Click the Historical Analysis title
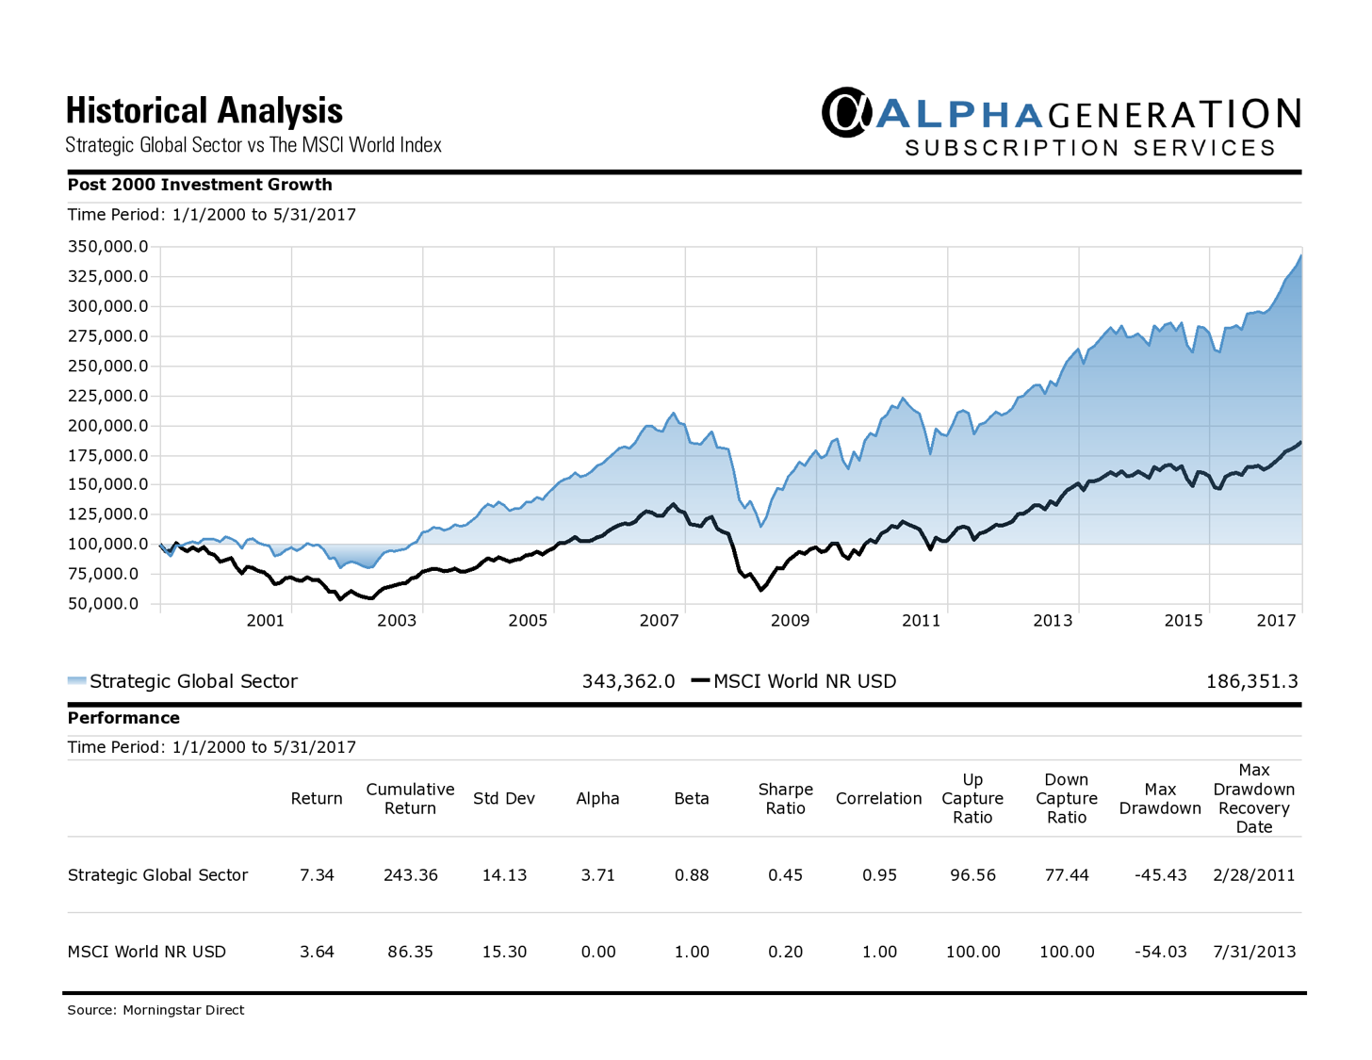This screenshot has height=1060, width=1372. coord(204,111)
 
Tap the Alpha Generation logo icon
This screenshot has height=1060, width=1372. coord(845,112)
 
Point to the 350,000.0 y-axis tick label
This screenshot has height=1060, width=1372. coord(107,247)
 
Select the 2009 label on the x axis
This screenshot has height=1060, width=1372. coord(790,620)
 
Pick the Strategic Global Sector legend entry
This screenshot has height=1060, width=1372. coord(183,681)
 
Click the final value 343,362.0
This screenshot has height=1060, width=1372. coord(628,681)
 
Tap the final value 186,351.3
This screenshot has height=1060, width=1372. coord(1251,681)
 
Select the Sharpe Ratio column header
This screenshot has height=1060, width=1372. coord(785,799)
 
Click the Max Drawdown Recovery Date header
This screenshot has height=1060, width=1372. coord(1253,799)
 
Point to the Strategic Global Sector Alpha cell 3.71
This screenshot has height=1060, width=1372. coord(597,875)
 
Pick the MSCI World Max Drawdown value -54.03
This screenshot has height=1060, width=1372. coord(1160,952)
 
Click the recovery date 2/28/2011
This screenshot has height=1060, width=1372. coord(1253,875)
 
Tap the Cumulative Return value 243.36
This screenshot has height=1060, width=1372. coord(410,875)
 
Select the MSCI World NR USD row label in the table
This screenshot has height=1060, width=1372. coord(147,952)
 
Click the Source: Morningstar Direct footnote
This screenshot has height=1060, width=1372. coord(155,1010)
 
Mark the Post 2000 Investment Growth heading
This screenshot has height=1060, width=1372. coord(200,185)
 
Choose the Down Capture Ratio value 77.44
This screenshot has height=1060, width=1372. coord(1067,875)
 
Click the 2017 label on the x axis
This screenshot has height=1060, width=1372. coord(1276,620)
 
